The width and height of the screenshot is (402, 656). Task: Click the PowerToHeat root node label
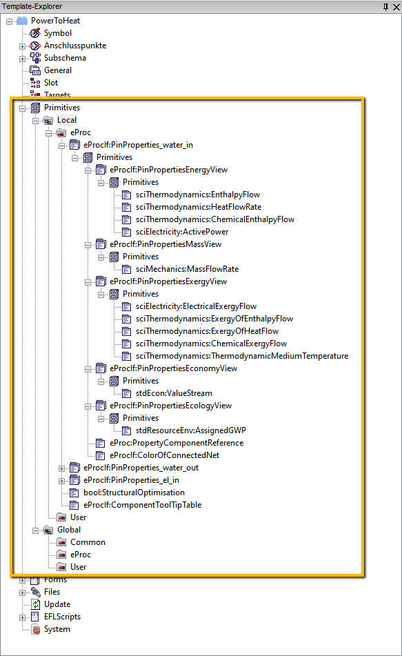[55, 21]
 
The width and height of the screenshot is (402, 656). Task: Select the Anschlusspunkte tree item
[75, 46]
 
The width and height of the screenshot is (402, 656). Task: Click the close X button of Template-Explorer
[396, 7]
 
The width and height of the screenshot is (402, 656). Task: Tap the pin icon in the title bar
[385, 7]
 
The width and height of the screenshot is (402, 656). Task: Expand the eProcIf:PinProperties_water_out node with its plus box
[61, 468]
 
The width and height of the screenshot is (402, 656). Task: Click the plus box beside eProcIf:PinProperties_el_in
[61, 481]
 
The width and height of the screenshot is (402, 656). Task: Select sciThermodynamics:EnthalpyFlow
[197, 195]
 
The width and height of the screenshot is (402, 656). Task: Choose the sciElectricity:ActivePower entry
[182, 232]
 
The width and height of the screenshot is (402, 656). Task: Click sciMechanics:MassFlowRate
[187, 269]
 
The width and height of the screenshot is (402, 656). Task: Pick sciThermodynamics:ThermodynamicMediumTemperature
[242, 356]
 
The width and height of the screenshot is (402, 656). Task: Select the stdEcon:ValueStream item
[174, 393]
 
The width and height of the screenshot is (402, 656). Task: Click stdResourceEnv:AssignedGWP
[191, 430]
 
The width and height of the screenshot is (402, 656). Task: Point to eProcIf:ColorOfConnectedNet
[164, 455]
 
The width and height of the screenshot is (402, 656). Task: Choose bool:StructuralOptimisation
[134, 493]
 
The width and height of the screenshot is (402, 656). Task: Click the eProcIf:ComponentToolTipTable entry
[142, 505]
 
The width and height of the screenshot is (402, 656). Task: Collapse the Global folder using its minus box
[36, 530]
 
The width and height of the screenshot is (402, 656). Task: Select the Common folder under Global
[88, 542]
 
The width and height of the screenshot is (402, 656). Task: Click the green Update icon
[36, 604]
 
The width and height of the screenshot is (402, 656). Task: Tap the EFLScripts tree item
[62, 617]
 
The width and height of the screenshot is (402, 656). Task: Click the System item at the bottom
[57, 629]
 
